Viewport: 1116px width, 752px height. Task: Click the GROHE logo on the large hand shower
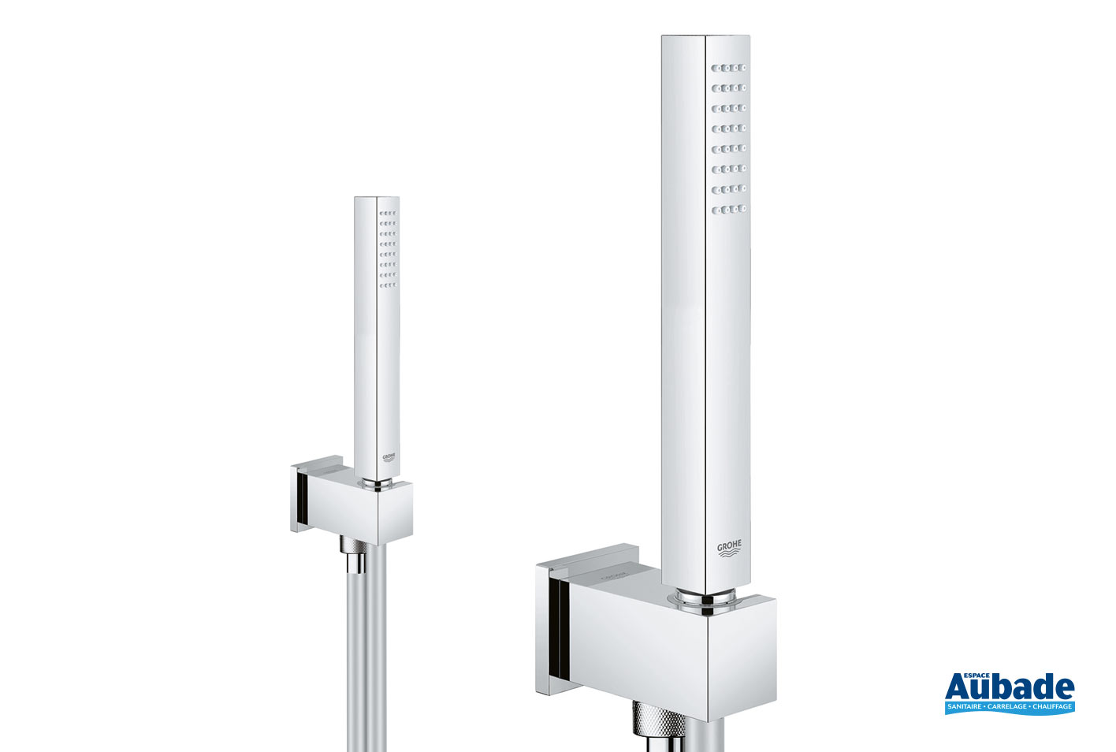[x=729, y=549]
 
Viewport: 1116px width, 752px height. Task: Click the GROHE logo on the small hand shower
[x=389, y=457]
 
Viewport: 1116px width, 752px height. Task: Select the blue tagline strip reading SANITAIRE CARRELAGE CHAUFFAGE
[x=1009, y=707]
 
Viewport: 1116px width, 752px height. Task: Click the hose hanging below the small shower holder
[x=366, y=654]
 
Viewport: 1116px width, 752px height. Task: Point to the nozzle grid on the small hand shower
[x=388, y=249]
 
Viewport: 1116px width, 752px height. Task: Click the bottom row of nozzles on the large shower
[x=729, y=209]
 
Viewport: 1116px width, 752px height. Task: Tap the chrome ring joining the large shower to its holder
[x=704, y=601]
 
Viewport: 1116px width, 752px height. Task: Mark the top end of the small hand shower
[x=377, y=199]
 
